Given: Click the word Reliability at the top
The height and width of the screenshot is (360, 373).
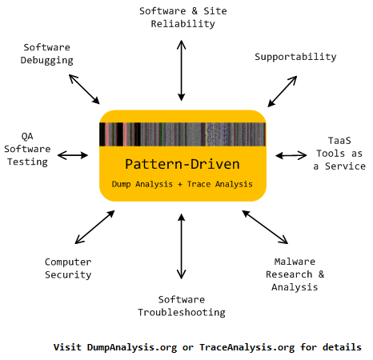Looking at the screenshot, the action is point(182,24).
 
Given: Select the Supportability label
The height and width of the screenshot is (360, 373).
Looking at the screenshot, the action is point(295,57).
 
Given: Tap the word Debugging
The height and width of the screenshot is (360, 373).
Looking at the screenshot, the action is point(47,60).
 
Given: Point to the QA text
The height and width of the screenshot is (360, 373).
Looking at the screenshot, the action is point(27,136).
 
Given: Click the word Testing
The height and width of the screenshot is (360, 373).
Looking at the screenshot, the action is point(27,162).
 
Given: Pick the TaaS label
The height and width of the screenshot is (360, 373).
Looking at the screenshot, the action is point(339,141).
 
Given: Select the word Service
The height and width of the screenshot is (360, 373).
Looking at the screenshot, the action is point(345,166).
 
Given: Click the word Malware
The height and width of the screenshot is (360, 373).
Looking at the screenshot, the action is point(295,262).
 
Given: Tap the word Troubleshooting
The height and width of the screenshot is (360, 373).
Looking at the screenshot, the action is point(182,313).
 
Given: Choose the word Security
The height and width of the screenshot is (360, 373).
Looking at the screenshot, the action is point(68,275).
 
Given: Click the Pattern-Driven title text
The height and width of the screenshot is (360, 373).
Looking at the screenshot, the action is point(182,164).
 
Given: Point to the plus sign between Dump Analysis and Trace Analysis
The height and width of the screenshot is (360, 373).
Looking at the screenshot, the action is point(180,184).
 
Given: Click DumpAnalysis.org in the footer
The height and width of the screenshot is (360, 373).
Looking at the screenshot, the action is point(132,347).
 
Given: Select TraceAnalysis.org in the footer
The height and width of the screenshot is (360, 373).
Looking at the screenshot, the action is point(247,347).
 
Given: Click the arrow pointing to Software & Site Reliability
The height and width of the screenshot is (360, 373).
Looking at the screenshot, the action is point(182,70).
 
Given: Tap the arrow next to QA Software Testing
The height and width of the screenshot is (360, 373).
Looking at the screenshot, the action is point(73,155).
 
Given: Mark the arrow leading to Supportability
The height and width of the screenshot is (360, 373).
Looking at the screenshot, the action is point(283,91).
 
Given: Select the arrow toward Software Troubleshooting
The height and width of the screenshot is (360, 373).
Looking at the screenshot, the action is point(182,246).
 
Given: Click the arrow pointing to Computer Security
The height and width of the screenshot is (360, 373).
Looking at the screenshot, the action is point(94,227).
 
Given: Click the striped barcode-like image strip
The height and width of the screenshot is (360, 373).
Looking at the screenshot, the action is point(182,134).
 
